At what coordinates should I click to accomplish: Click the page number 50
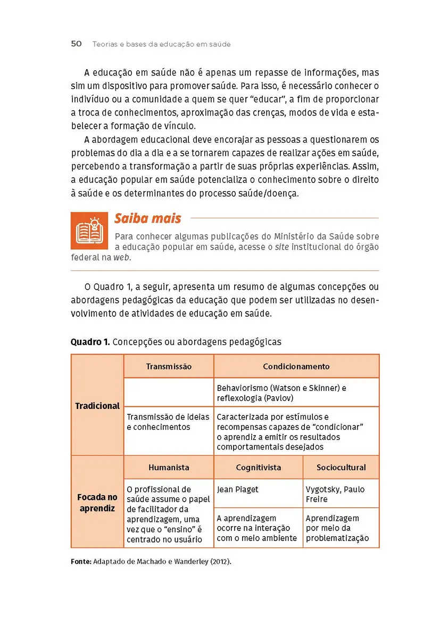[x=76, y=44]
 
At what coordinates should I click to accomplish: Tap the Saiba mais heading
[x=147, y=218]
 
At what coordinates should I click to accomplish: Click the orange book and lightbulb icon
[x=89, y=231]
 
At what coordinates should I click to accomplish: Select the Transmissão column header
[x=169, y=366]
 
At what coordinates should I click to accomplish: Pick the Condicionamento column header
[x=296, y=366]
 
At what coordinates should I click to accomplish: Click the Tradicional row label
[x=97, y=406]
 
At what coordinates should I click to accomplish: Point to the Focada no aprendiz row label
[x=97, y=503]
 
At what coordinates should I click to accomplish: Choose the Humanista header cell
[x=169, y=468]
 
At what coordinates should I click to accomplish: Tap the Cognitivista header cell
[x=259, y=468]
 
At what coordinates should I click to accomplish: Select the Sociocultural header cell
[x=341, y=468]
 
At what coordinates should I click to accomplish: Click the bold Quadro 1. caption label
[x=90, y=342]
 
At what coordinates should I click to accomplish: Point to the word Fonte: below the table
[x=81, y=561]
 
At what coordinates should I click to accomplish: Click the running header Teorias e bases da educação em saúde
[x=161, y=44]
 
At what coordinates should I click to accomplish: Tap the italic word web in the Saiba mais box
[x=122, y=257]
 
